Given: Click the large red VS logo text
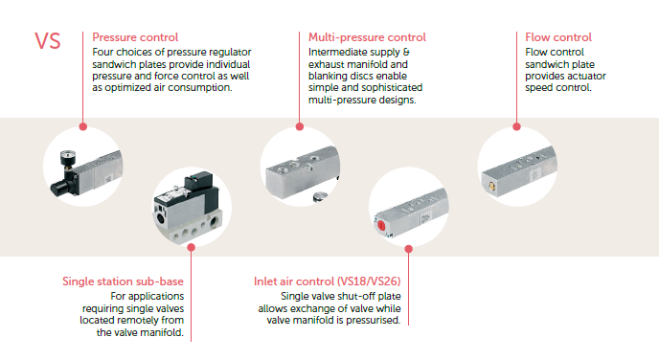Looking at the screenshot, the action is [48, 41].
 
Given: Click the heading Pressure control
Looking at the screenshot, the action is [135, 37].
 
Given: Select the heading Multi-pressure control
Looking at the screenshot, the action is [367, 37].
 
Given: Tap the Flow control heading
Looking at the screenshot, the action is [558, 37].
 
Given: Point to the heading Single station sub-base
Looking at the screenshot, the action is [124, 281].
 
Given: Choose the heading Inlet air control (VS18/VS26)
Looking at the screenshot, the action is [327, 281].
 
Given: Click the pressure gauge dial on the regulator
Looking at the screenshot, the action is [67, 158].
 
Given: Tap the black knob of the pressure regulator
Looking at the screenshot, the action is [59, 188].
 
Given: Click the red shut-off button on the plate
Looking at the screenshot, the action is [381, 225].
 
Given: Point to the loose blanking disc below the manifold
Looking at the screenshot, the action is [321, 196].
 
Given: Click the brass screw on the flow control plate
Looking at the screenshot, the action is [490, 185].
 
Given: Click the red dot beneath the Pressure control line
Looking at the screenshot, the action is [83, 126].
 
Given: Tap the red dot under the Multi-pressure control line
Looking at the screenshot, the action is [300, 126].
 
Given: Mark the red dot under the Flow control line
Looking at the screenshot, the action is [517, 126].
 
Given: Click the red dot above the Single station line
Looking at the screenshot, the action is [192, 247].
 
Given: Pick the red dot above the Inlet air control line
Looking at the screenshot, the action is [408, 249].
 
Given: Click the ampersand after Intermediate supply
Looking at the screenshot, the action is [406, 52].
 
